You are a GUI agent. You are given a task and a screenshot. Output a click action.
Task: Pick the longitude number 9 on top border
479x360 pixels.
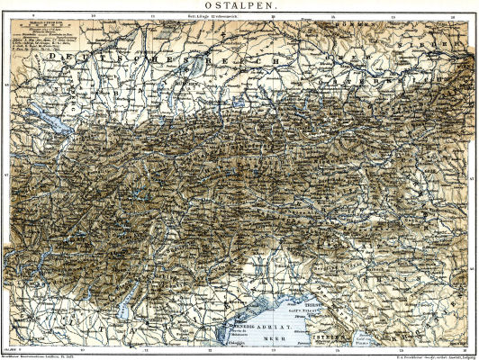click(32, 15)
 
